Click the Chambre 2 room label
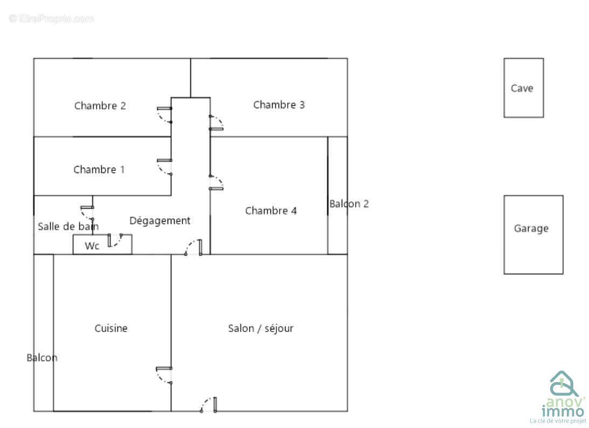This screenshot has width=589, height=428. coord(100,106)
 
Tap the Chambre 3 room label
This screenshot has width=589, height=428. coord(279,105)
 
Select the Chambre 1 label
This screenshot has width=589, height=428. coord(99,169)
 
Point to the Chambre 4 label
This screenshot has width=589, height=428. coord(271,210)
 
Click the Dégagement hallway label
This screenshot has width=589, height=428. coord(160,220)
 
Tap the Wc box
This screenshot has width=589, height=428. coord(92,246)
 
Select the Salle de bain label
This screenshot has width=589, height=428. coord(68,226)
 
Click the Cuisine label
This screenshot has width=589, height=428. coord(111,328)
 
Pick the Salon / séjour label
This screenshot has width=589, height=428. coord(260,328)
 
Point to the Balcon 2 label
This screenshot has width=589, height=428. coord(349,204)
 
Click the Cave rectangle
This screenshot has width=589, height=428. coord(523,88)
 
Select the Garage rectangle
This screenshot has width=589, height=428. coord(532,234)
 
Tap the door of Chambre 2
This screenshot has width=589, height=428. coord(165,115)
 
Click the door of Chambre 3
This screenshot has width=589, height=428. coord(216,122)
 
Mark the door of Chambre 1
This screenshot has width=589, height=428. coord(165,167)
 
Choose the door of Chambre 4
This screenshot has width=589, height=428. coord(216,182)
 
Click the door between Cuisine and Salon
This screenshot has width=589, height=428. coord(164,375)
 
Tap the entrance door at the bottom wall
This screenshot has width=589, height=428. coord(208,405)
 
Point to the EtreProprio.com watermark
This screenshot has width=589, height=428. coord(51,18)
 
